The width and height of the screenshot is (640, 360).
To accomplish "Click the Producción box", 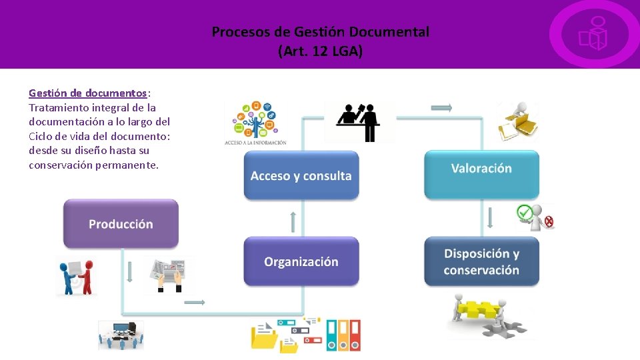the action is coord(121,224).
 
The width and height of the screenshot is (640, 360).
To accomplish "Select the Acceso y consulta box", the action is coord(301,176).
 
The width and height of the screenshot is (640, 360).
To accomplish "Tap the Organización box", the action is coord(301,262).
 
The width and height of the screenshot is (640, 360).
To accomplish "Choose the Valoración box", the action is coord(481,169).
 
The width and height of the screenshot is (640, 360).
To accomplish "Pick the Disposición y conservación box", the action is coord(481,262).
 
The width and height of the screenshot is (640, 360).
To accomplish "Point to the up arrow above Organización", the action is coord(293,222).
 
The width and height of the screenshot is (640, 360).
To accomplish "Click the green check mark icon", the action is coord(525,213).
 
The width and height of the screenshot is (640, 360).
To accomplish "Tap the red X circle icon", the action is coord(548,222).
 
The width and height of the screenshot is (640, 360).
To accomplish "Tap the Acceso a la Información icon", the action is coord(255,124).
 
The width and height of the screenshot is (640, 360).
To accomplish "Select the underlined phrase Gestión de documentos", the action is coord(87,93).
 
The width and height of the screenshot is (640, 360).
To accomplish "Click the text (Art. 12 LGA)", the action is coord(320,51).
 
